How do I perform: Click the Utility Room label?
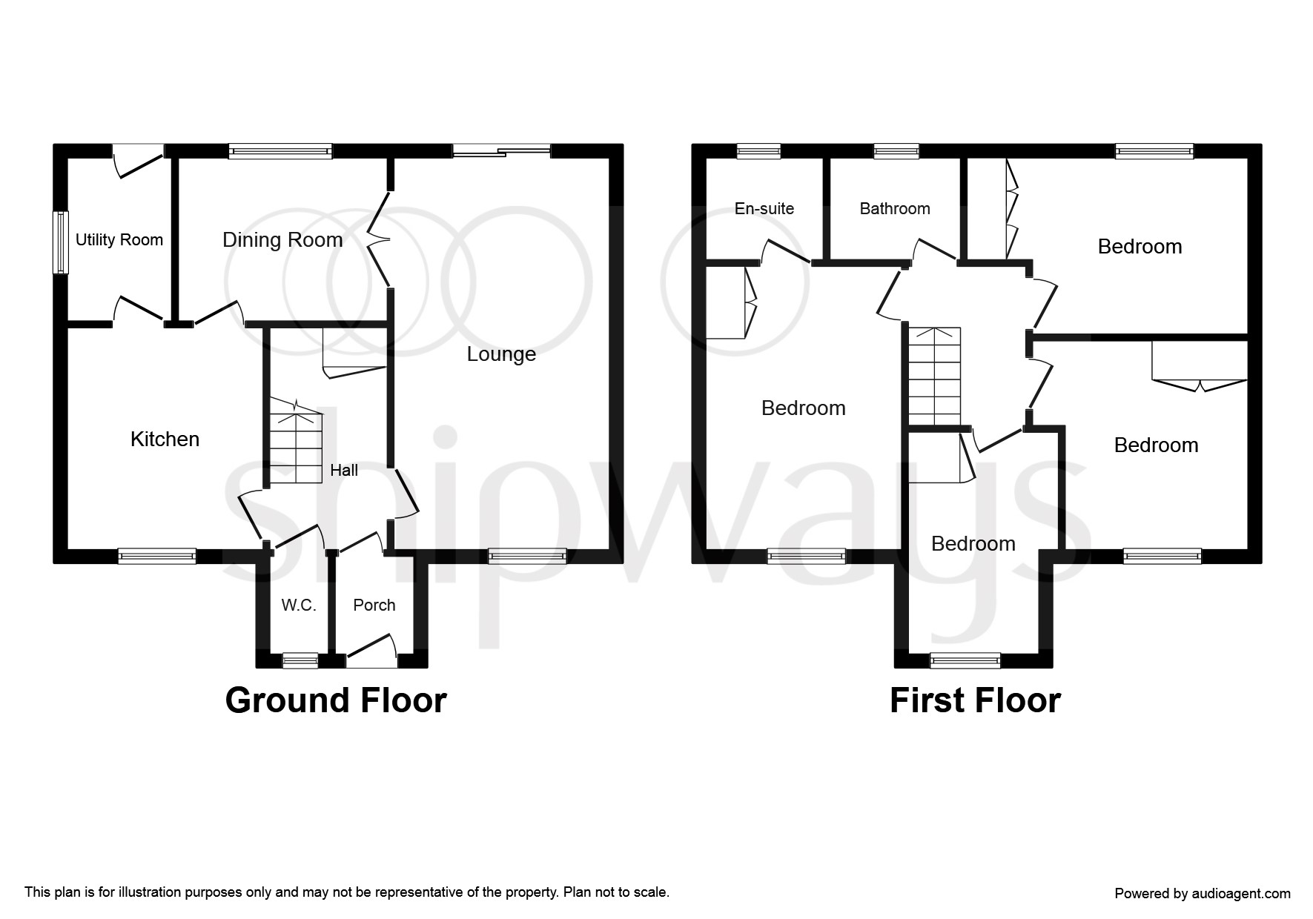[x=119, y=240]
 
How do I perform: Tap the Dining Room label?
[x=282, y=240]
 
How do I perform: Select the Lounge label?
[x=501, y=354]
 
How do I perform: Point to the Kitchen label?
[x=165, y=439]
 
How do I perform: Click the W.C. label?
[x=299, y=606]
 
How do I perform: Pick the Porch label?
[x=374, y=606]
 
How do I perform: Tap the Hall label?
[x=344, y=470]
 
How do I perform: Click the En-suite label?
[x=764, y=209]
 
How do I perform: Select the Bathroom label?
[x=895, y=209]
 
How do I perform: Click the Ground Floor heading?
[x=336, y=700]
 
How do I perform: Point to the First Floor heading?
[x=975, y=700]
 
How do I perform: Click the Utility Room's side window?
[x=61, y=242]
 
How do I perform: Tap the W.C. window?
[x=300, y=660]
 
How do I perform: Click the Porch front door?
[x=371, y=651]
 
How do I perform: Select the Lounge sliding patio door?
[x=501, y=151]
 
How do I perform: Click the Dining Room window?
[x=280, y=151]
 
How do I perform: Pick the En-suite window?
[x=758, y=151]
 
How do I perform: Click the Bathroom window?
[x=896, y=151]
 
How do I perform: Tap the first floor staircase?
[x=935, y=376]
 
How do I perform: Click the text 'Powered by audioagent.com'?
[x=1203, y=894]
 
